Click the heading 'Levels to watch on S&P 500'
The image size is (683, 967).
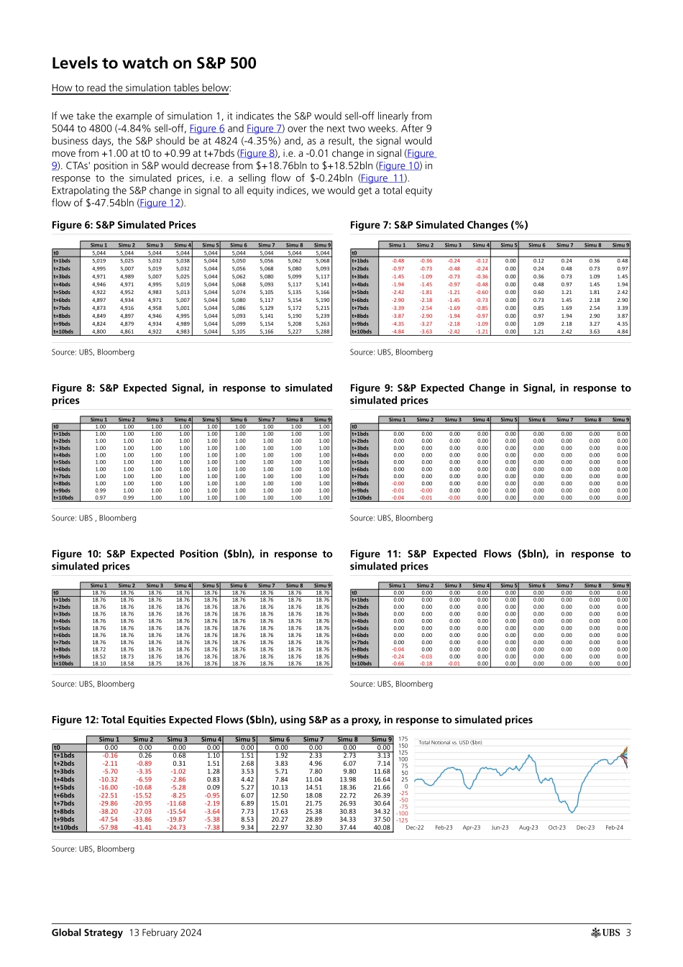coord(154,63)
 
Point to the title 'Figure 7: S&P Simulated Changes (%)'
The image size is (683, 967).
coord(439,225)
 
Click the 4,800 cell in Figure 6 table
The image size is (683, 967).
coord(98,331)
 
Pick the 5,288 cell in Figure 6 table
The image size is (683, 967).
coord(322,331)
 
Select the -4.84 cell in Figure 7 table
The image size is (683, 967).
coord(398,331)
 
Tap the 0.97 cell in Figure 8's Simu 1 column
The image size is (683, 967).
coord(100,498)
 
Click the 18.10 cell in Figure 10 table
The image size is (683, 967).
coord(98,664)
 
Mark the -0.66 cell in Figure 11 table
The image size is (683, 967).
coord(398,664)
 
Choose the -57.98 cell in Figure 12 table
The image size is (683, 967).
coord(109,828)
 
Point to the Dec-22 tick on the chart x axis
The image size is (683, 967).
coord(415,828)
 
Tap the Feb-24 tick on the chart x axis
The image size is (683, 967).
coord(614,828)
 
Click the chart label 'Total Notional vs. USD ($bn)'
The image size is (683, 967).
coord(450,743)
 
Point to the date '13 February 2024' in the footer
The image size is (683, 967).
coord(165,932)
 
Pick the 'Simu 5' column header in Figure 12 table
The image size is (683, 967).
coord(244,739)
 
